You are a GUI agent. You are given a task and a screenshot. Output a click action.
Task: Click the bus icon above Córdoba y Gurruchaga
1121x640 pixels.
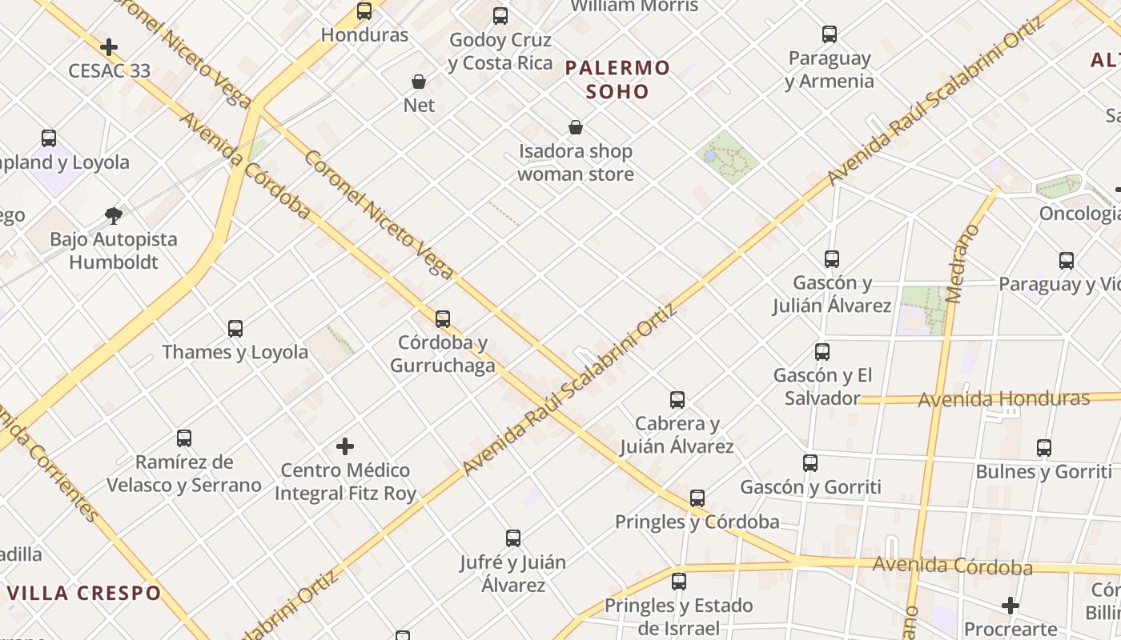(443, 318)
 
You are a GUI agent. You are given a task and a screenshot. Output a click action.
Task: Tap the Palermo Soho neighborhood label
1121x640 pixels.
(617, 79)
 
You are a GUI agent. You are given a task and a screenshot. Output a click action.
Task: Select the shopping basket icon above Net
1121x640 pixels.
(418, 82)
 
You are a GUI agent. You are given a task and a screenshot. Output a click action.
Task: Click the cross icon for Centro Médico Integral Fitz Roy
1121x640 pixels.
(345, 446)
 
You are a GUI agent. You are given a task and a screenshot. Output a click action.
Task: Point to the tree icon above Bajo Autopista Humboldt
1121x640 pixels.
(114, 214)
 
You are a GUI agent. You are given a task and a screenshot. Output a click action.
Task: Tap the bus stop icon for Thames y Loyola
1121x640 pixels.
(235, 328)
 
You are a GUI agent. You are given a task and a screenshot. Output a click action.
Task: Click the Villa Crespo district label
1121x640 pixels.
(84, 593)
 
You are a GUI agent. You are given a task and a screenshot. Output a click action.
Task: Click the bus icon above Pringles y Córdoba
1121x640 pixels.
(697, 498)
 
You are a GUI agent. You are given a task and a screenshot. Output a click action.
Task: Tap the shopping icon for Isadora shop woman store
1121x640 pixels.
(575, 127)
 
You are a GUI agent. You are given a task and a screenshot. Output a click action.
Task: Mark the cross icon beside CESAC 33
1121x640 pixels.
(109, 47)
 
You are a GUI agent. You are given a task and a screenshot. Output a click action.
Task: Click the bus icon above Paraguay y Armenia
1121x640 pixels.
(830, 34)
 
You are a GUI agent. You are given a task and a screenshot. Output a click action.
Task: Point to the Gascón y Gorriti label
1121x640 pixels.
(810, 486)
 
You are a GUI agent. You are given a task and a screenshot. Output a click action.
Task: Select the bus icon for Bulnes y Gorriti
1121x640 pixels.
(1044, 447)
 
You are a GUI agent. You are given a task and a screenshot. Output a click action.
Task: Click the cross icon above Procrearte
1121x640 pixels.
(1011, 606)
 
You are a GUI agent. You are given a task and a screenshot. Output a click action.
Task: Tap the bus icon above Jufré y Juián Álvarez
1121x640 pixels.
(513, 538)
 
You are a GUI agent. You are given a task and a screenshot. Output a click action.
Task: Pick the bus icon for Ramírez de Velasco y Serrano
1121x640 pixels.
(184, 438)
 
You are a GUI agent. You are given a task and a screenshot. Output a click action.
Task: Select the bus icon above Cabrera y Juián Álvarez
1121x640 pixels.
(677, 399)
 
